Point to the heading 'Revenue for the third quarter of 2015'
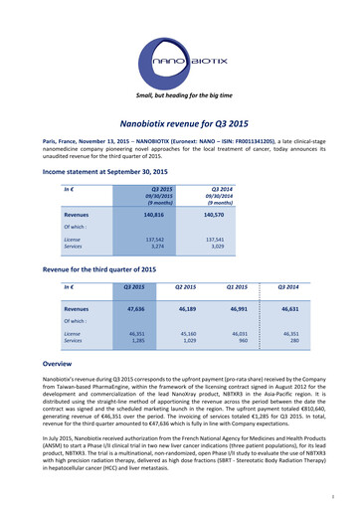(x=100, y=270)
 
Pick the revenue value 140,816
(x=146, y=214)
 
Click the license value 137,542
(x=147, y=240)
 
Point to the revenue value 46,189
(x=181, y=310)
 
